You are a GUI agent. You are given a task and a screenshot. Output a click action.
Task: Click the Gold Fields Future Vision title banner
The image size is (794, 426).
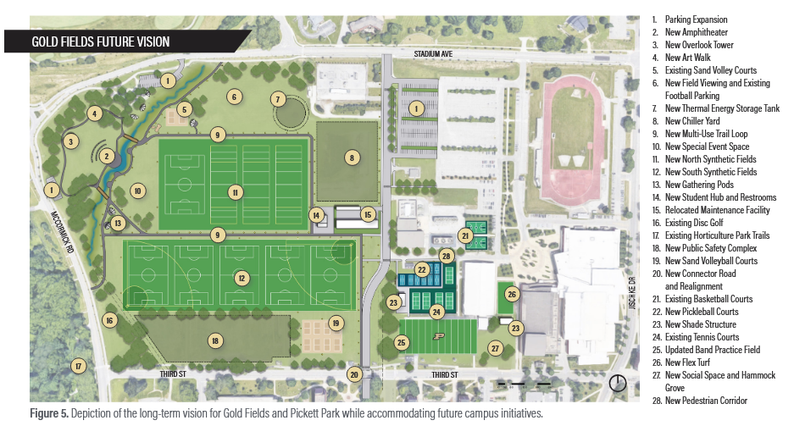point(102,41)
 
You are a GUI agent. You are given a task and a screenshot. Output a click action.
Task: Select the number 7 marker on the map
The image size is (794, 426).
point(277,99)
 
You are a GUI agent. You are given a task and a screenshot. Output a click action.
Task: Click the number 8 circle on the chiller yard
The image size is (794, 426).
point(352,157)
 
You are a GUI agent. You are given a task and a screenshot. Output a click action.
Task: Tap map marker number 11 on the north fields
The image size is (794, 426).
point(235,192)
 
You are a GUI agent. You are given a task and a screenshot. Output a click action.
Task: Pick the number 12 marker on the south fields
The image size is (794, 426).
point(242,278)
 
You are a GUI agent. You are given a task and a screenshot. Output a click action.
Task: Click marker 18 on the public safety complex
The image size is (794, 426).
point(215,340)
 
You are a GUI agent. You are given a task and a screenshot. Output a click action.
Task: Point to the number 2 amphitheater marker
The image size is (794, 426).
point(107,156)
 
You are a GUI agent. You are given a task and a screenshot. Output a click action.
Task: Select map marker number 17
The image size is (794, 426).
point(78,367)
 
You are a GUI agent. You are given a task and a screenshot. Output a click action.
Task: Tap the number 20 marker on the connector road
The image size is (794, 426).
point(355,373)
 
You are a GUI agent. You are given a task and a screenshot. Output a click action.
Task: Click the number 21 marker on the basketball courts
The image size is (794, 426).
point(464,235)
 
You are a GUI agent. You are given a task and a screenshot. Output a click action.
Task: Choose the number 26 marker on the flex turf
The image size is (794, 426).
point(512,294)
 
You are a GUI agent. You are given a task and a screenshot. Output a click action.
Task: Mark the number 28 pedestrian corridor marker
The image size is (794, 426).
point(447,255)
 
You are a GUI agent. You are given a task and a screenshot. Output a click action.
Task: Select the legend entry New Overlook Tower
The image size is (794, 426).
point(698,45)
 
